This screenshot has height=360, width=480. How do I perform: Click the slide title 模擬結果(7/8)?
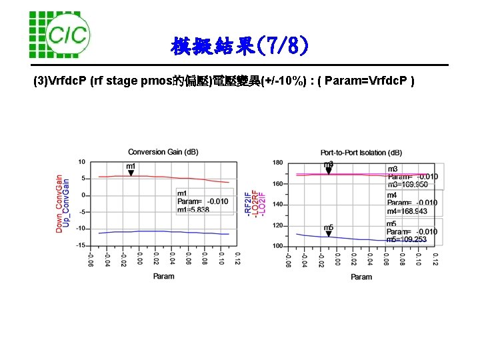239,47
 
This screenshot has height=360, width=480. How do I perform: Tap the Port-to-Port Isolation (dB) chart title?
361,153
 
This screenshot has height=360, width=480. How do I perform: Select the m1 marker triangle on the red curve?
131,173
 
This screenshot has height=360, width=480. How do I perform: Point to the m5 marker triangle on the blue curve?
329,234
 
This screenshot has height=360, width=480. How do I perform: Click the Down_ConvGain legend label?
59,203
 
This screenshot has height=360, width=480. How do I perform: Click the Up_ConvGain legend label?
66,203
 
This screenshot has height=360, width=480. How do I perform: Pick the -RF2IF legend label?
248,203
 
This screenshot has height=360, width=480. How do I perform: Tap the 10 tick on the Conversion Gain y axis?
81,162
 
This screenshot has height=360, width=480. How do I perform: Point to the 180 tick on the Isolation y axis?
277,163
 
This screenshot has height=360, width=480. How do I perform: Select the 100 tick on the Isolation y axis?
277,246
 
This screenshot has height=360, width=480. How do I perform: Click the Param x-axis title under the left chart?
163,276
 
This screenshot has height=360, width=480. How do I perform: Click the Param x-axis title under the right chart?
361,276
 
